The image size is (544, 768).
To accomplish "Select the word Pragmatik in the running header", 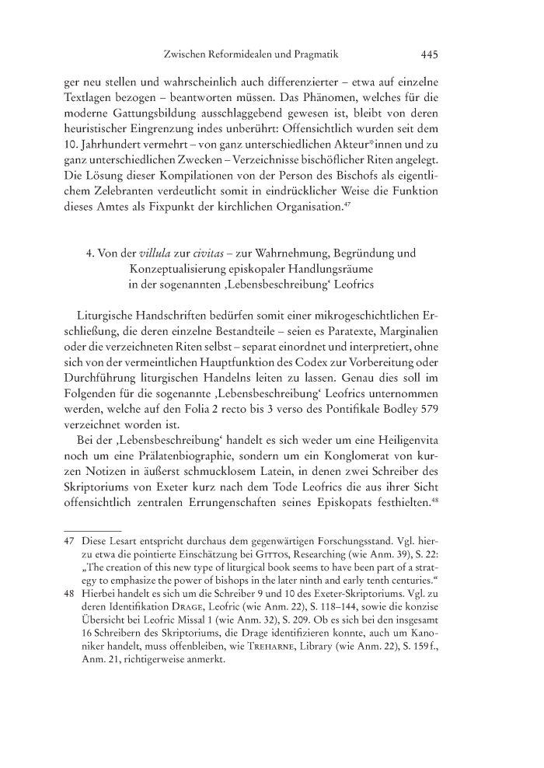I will pos(310,55).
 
